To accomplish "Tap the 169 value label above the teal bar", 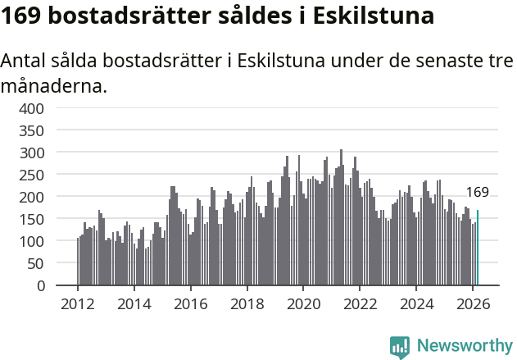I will [477, 193].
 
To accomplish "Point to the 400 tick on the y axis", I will [32, 108].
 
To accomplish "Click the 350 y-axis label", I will [32, 130].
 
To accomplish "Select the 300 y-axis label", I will [32, 153].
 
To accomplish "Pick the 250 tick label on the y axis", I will [32, 175].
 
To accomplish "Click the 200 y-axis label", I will [32, 197].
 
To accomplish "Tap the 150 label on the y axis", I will [32, 219].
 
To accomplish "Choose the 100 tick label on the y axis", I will [32, 241].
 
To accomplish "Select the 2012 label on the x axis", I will [78, 303].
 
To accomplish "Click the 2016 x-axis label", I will [190, 303].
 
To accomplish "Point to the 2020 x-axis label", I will [303, 303].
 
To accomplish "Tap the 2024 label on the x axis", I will [415, 303].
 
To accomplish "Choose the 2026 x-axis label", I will [472, 303].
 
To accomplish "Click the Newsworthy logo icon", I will [400, 346].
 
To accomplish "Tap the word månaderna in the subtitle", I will [54, 85].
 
